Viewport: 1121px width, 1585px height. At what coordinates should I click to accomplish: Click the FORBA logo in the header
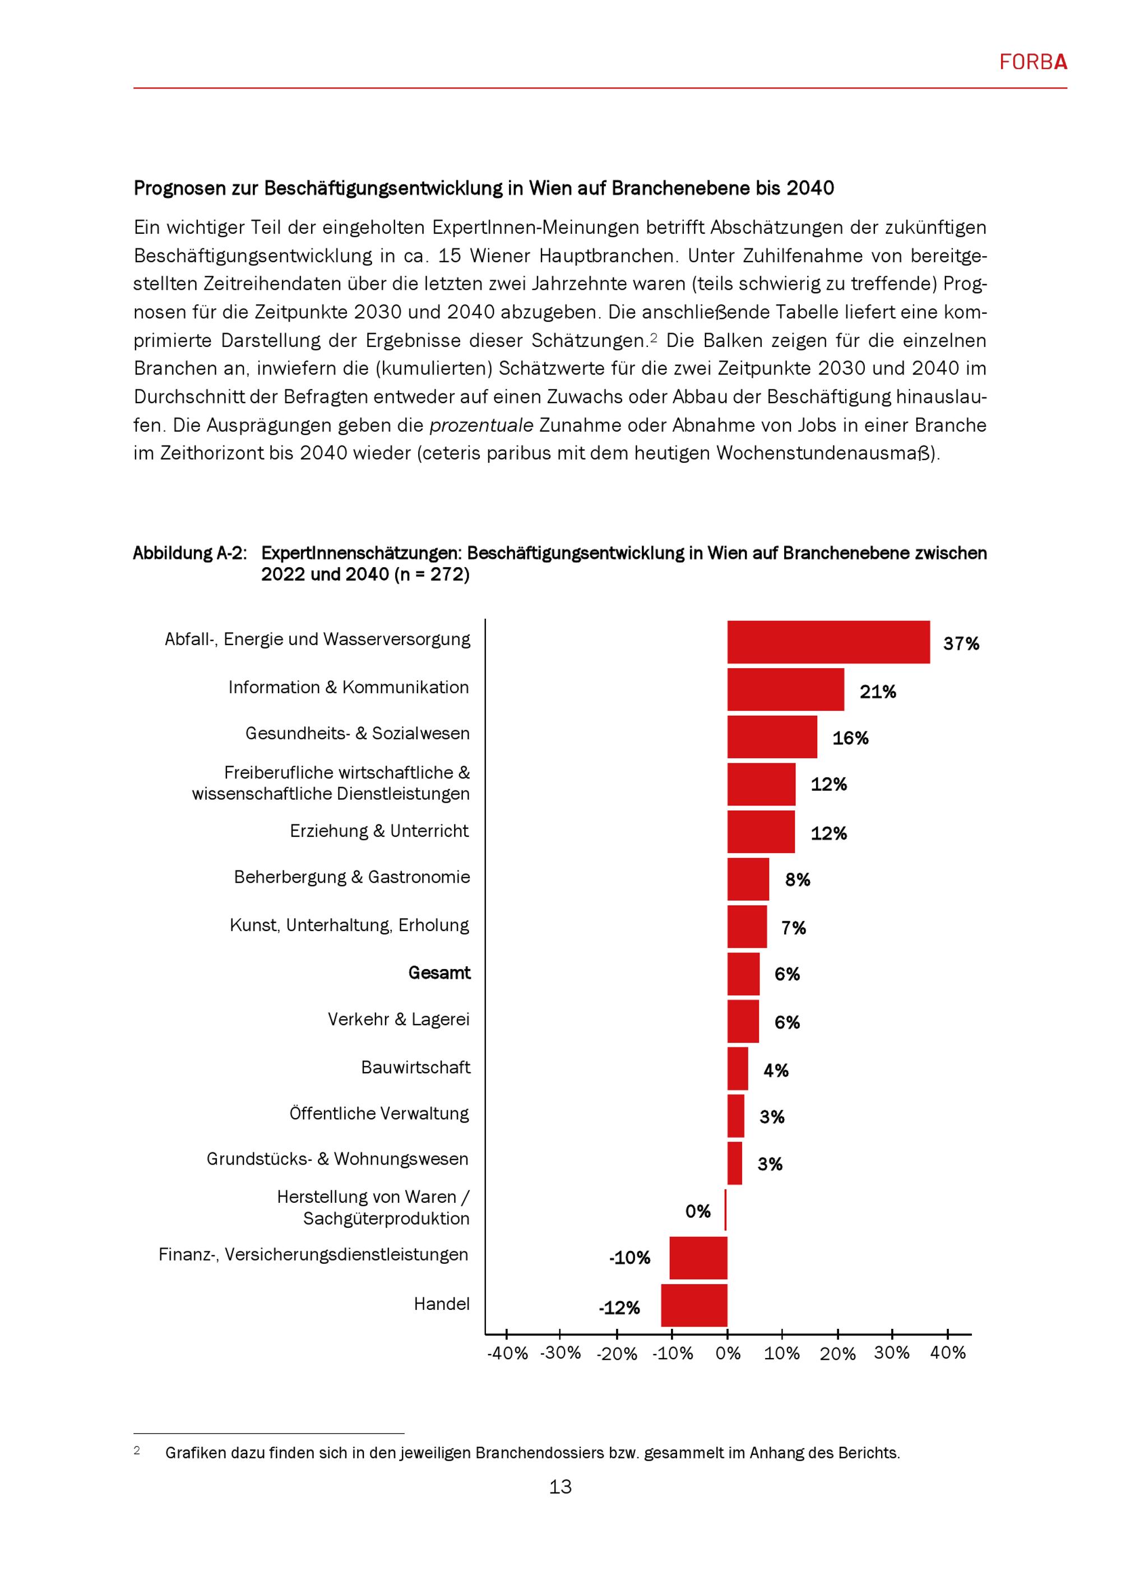tap(1032, 63)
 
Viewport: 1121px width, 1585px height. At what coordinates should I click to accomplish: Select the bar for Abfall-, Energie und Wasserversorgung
tap(828, 642)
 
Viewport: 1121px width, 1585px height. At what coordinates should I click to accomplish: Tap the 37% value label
tap(961, 644)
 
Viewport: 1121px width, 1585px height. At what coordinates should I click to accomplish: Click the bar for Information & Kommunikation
tap(785, 689)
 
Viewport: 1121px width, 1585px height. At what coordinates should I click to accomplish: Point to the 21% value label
tap(877, 692)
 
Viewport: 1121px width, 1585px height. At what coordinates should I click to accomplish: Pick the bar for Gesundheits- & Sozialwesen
tap(772, 736)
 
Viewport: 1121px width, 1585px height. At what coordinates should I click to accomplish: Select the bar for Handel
tap(694, 1305)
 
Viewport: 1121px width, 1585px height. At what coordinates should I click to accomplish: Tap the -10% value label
tap(629, 1258)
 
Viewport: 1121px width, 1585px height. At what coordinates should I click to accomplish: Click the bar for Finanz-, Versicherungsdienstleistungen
tap(698, 1258)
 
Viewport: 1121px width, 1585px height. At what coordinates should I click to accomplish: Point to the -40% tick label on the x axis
tap(507, 1354)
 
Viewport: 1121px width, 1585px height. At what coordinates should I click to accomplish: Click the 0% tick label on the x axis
tap(728, 1354)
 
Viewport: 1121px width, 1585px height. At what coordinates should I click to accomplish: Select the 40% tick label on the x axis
tap(948, 1353)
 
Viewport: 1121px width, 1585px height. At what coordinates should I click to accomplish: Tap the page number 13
tap(560, 1487)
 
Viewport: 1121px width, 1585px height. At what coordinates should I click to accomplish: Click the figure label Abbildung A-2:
tap(190, 554)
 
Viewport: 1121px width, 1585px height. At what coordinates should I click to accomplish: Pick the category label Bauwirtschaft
tap(415, 1068)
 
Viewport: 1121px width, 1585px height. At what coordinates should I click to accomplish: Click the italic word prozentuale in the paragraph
tap(482, 425)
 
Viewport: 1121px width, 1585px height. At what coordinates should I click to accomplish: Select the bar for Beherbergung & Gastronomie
tap(748, 879)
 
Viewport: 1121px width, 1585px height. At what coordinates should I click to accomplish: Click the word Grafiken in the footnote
tap(194, 1453)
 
